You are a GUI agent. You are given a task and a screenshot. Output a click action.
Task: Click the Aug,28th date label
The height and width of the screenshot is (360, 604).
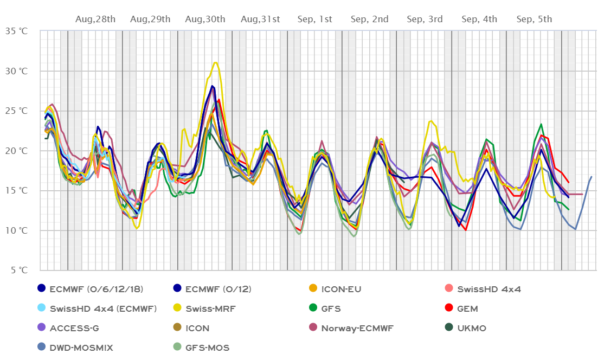tap(95, 20)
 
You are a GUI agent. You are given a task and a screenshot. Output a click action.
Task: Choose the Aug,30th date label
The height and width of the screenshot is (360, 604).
tap(205, 20)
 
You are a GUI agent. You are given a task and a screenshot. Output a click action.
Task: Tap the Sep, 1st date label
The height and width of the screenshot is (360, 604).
tap(315, 20)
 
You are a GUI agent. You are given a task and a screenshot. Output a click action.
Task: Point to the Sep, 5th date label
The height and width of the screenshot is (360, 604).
tap(534, 20)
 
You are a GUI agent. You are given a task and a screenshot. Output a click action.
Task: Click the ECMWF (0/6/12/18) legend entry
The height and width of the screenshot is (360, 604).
tap(89, 289)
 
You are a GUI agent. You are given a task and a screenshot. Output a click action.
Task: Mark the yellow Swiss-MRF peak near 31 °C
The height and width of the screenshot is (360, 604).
tap(215, 62)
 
